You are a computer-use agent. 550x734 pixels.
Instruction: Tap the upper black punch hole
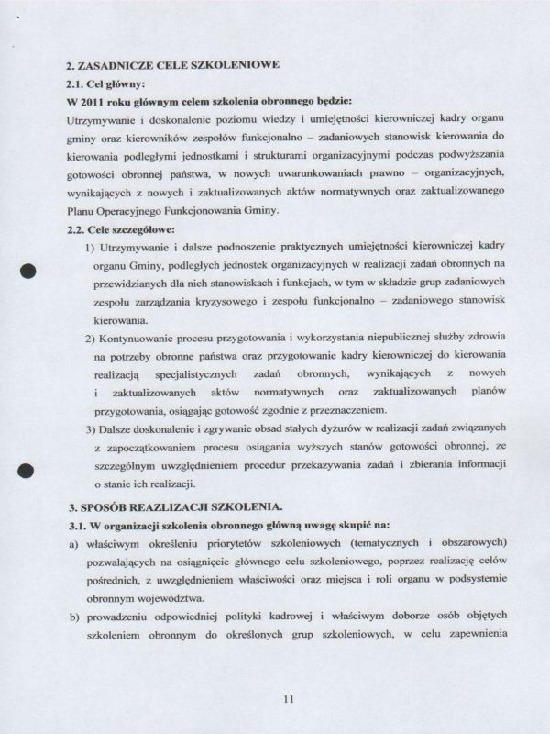[x=27, y=272]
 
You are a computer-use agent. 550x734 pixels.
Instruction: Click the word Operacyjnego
[x=131, y=211]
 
